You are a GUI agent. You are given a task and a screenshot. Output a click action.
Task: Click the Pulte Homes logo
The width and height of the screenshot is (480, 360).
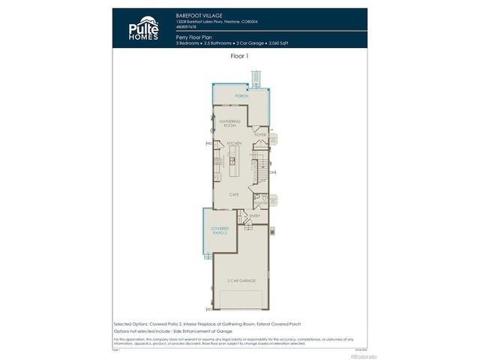click(142, 28)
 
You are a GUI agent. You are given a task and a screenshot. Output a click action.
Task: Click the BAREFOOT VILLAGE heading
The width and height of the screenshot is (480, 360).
click(198, 15)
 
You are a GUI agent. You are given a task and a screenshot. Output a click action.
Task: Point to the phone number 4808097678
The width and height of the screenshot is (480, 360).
click(187, 26)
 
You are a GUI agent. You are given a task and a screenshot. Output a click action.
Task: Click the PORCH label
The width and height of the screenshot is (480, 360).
click(241, 97)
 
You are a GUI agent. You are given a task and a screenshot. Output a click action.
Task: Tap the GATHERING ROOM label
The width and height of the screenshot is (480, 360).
click(229, 123)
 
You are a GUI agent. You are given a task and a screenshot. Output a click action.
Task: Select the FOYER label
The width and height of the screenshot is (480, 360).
click(260, 135)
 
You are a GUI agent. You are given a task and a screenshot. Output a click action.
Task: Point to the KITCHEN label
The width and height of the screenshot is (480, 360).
click(234, 143)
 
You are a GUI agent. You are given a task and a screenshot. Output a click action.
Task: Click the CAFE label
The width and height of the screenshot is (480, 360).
click(234, 194)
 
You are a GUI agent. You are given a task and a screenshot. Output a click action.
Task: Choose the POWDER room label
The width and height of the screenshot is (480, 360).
click(260, 202)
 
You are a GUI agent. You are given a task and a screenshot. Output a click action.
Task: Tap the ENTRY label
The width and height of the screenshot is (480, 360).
click(254, 216)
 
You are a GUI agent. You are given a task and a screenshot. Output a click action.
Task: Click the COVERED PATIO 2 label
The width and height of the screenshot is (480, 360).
click(219, 230)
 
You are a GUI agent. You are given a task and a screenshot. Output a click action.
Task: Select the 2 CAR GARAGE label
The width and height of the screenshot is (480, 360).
click(241, 280)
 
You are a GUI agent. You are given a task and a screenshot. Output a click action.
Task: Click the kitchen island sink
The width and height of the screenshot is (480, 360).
click(232, 160)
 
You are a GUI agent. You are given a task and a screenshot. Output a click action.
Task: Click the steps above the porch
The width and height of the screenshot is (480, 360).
click(257, 77)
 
